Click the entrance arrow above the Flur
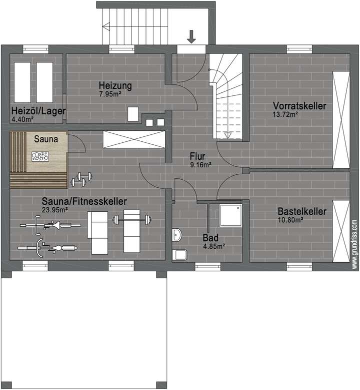coord(192,36)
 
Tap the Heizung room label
coord(115,85)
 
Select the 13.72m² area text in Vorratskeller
coord(285,114)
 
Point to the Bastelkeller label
coord(301,211)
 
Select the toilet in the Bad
coord(178,255)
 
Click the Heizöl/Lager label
coord(38,111)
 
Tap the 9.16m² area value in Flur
coord(199,164)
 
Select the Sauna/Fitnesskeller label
coord(84,201)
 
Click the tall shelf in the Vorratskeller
coord(341,120)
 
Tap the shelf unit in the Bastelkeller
coord(341,230)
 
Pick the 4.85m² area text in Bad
coord(213,246)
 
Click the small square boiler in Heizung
coord(133,114)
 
